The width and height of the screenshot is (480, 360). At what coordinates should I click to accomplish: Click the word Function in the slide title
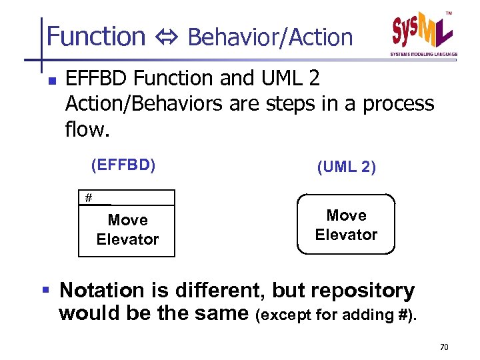tap(96, 37)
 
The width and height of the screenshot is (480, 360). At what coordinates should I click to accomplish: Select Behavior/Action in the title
tap(270, 38)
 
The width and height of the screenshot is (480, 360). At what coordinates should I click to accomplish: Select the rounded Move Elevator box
tap(346, 225)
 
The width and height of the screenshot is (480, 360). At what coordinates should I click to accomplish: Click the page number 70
tap(445, 347)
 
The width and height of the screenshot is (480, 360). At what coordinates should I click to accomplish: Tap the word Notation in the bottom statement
tap(101, 291)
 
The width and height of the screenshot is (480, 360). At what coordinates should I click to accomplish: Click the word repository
tap(360, 291)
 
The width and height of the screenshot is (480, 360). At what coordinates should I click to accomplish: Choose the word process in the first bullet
tap(398, 103)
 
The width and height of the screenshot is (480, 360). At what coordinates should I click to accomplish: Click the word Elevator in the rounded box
tap(346, 235)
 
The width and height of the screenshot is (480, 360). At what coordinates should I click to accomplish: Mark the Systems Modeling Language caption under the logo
tap(424, 54)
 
